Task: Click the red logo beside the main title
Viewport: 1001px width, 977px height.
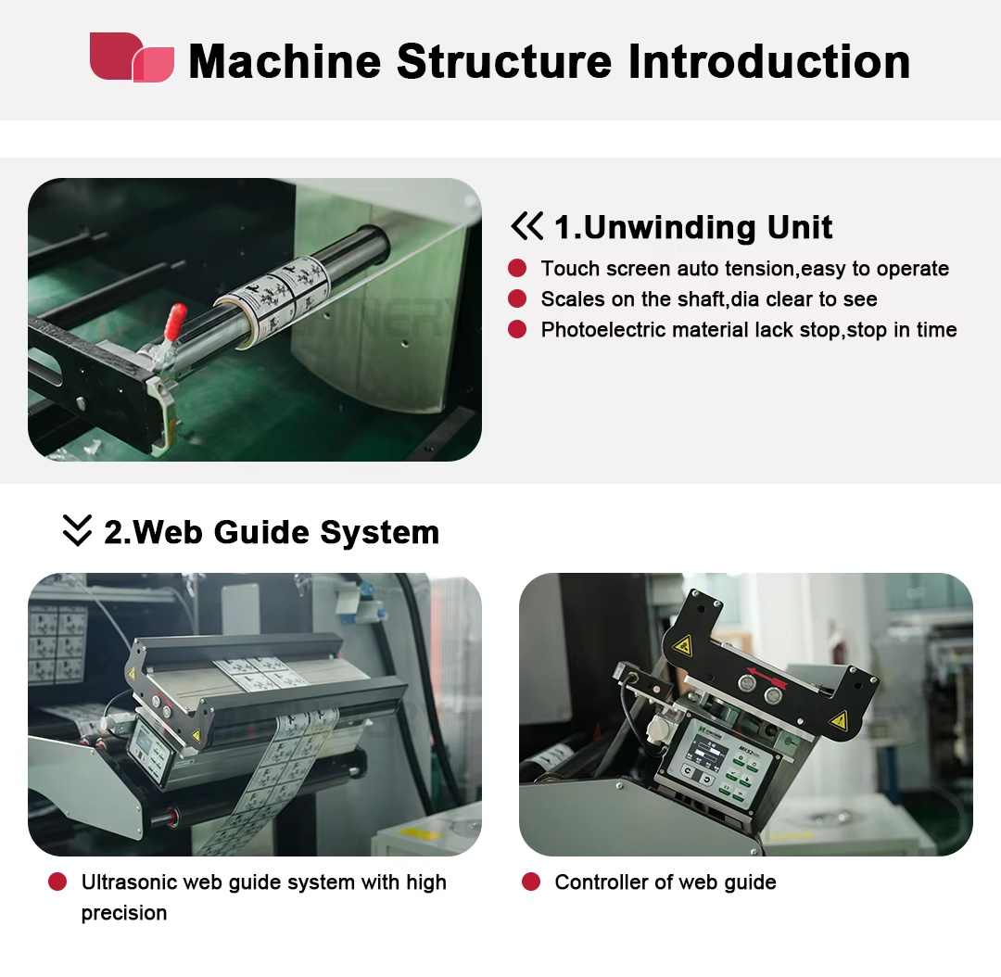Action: (x=133, y=57)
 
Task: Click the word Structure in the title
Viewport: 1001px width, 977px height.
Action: (x=503, y=61)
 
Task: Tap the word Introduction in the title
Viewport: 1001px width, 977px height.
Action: (x=769, y=61)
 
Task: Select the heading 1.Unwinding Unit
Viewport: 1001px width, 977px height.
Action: (x=692, y=227)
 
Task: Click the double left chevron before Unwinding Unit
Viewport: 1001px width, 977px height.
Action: (x=526, y=226)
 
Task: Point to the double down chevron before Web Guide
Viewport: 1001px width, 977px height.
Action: (x=77, y=530)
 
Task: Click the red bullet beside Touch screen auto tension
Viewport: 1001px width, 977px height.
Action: (x=517, y=268)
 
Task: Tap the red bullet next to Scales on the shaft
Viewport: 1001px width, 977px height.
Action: (x=517, y=298)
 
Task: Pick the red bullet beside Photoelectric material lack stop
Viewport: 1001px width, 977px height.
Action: (x=517, y=329)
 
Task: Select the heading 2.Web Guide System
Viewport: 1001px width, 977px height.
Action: (x=272, y=532)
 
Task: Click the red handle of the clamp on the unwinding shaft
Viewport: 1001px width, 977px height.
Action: (x=174, y=322)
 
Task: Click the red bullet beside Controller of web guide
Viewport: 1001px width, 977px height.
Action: (x=531, y=882)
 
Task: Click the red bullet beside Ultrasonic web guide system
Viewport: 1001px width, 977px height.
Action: (x=57, y=882)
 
